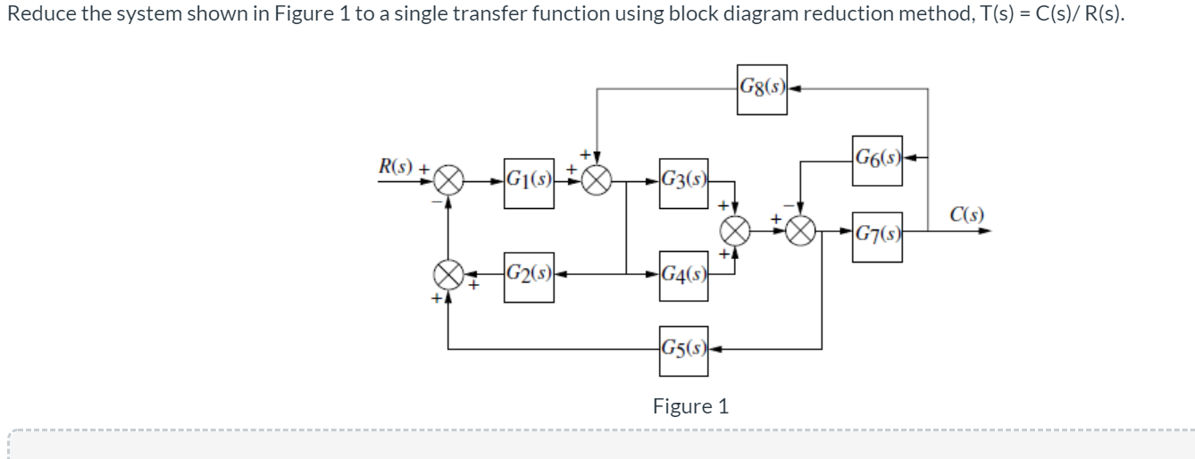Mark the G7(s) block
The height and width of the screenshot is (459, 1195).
tap(877, 235)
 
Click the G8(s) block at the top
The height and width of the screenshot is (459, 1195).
tap(762, 88)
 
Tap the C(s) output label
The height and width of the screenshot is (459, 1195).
tap(967, 214)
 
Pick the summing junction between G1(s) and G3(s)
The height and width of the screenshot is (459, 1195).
tap(597, 182)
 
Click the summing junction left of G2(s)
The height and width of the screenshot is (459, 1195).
tap(448, 271)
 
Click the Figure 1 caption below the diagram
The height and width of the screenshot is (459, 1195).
tap(690, 406)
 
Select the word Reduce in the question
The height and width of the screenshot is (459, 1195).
tap(37, 13)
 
